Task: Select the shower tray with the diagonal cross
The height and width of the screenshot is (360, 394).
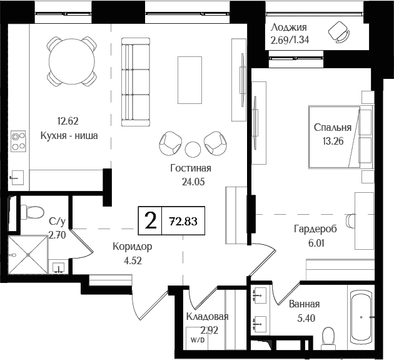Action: (28, 255)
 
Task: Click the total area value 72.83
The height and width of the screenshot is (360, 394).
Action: (183, 220)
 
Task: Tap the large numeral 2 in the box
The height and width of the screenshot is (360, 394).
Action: (149, 220)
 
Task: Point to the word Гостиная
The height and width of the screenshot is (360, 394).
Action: (191, 168)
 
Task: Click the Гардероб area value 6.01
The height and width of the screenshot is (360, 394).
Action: (315, 244)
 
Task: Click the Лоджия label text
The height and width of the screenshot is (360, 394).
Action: (288, 28)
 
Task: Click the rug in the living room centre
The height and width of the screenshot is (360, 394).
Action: (190, 80)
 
